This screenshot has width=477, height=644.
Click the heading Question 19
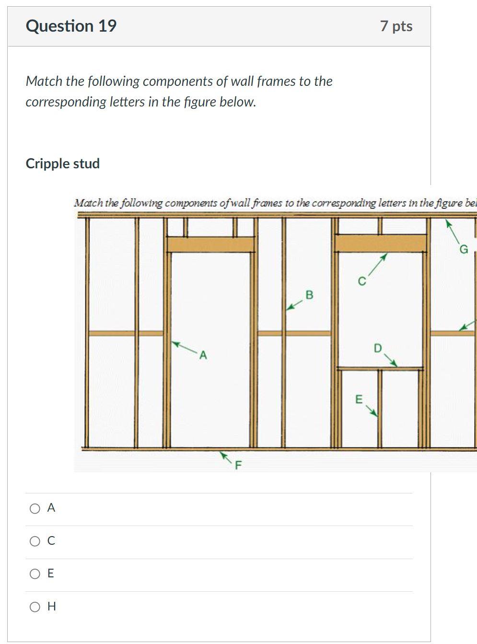click(x=71, y=26)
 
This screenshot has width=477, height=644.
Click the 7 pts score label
click(x=396, y=26)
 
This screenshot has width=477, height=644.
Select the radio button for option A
click(x=35, y=509)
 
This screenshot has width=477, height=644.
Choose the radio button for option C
click(x=35, y=541)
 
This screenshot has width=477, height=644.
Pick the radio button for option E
click(x=35, y=574)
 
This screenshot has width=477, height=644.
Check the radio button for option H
click(x=35, y=607)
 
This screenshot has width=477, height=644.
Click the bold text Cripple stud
click(x=62, y=164)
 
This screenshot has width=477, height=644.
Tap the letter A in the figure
click(x=203, y=355)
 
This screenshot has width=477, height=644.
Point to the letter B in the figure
click(x=309, y=294)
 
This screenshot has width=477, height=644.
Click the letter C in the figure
click(x=362, y=281)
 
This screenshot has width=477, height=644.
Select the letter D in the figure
click(x=378, y=348)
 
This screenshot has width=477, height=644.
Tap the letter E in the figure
click(x=358, y=399)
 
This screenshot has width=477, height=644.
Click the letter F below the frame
click(x=238, y=465)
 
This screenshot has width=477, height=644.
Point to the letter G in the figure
click(x=463, y=249)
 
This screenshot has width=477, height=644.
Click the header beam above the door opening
click(x=210, y=245)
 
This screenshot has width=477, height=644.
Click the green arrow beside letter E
click(x=372, y=411)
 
